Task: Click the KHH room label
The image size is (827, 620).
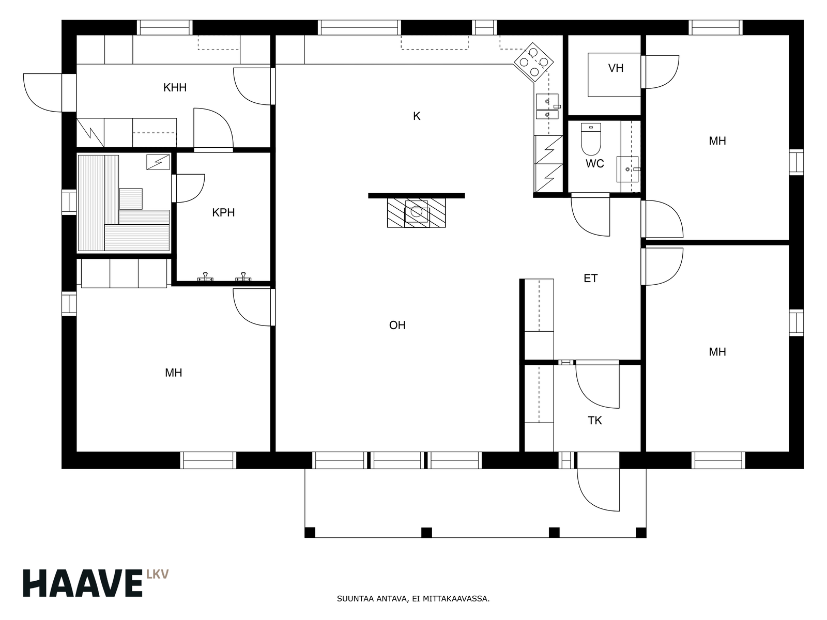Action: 175,88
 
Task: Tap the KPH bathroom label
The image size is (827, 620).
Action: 223,213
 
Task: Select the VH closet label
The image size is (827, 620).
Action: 616,68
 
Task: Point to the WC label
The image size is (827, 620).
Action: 594,164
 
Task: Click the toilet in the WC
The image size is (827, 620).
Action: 591,139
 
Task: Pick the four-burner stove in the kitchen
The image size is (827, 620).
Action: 533,61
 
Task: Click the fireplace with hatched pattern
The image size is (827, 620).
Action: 416,213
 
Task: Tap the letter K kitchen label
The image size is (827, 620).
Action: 416,116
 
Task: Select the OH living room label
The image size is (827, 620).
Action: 397,326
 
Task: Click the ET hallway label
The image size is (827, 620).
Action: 590,278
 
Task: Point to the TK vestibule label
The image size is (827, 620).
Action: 595,421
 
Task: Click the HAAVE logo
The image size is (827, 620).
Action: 83,583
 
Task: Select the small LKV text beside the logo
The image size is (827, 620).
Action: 158,575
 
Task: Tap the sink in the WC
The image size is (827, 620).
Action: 627,169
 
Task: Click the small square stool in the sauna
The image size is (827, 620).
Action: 131,199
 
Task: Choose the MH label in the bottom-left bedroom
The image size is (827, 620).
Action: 173,373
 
